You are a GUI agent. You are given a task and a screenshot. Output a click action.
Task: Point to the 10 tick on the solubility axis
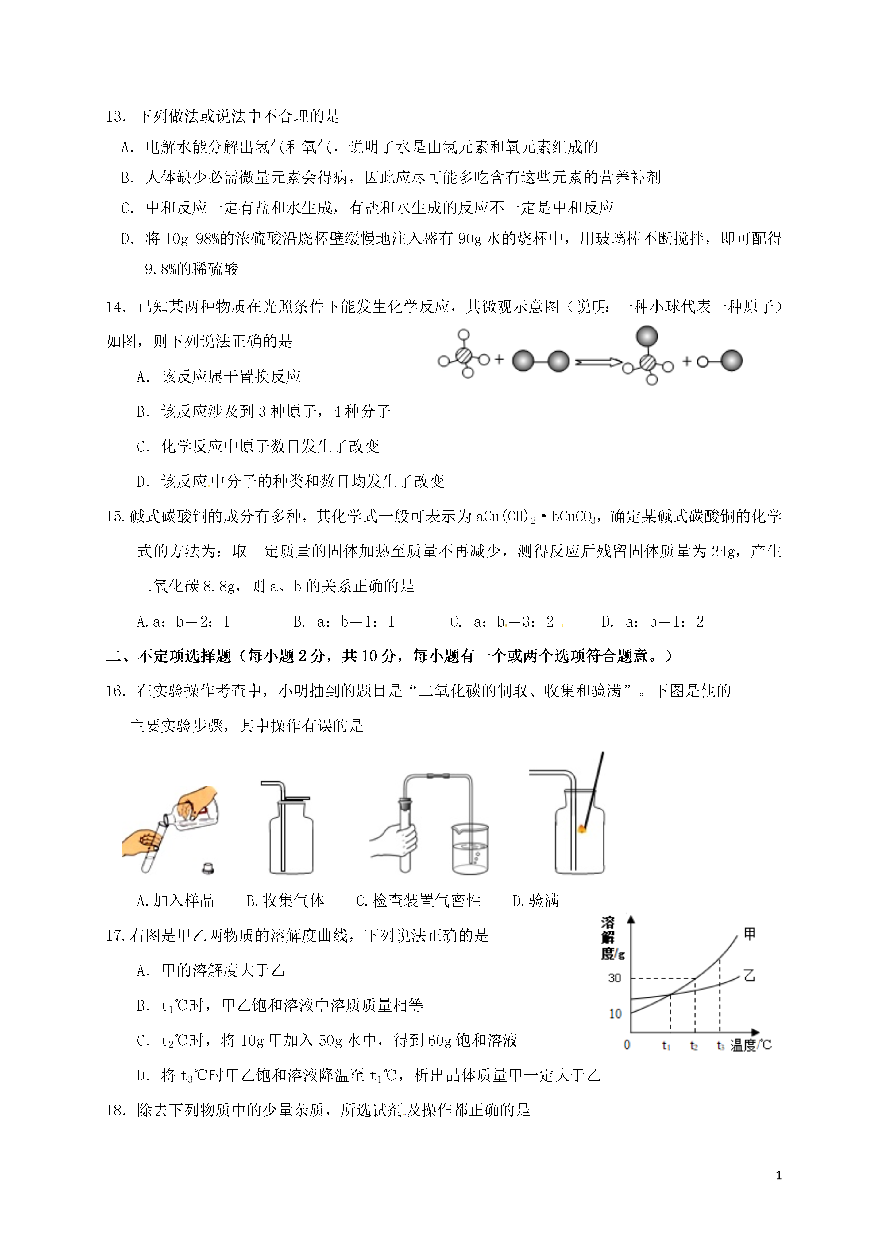[615, 1013]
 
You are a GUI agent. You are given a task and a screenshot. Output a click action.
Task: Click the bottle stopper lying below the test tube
[208, 868]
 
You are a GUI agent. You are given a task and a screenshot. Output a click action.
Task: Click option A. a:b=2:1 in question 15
[183, 621]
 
